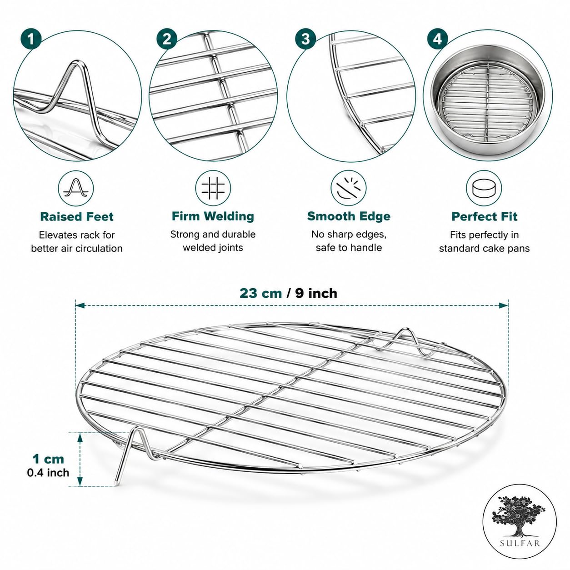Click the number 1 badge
31,39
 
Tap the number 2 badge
167,39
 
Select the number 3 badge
305,39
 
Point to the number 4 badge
437,39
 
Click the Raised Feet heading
77,216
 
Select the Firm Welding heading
213,216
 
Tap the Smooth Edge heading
349,216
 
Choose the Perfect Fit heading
484,216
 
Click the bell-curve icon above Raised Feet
76,188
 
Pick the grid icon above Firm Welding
213,188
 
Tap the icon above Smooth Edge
349,188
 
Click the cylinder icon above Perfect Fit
484,188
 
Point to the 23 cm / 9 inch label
288,294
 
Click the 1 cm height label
48,459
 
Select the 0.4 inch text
48,473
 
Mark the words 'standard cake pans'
484,249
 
